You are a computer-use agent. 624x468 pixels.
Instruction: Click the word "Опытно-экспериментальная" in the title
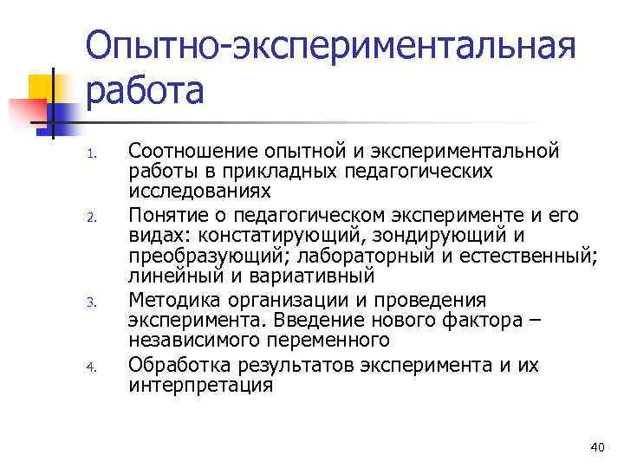330,47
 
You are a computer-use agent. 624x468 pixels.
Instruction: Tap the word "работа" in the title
145,90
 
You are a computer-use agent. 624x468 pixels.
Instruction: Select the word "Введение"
325,321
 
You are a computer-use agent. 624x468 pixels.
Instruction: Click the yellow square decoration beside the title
43,88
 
